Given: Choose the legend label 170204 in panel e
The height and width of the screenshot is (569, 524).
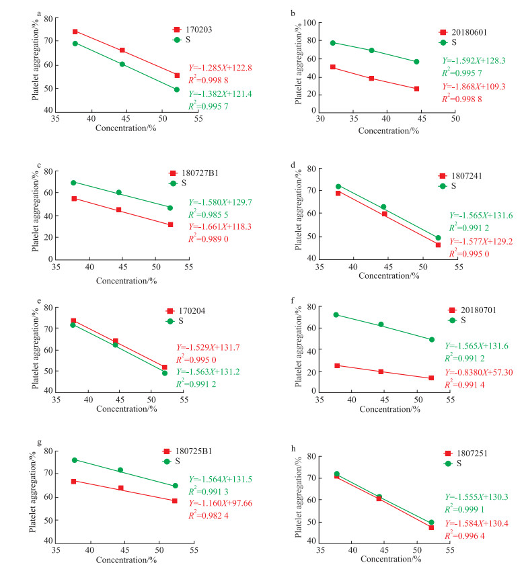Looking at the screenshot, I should click(x=194, y=311).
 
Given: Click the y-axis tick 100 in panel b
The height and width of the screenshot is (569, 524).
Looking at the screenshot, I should click(x=310, y=23).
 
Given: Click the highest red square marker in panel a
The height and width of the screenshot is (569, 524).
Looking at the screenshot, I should click(x=75, y=32).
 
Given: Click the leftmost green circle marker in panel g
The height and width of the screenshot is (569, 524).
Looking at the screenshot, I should click(x=75, y=460).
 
